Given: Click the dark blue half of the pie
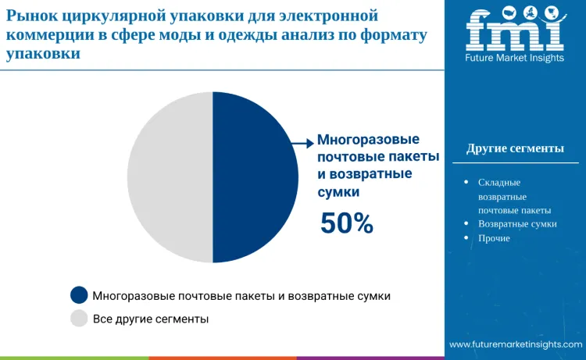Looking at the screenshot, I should click(255, 177).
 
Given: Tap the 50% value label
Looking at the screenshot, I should click(347, 223).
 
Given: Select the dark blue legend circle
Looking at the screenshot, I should click(79, 295).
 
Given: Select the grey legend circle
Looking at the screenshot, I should click(79, 319).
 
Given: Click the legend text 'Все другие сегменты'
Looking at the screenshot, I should click(151, 319).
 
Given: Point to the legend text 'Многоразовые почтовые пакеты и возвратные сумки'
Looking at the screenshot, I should click(241, 296).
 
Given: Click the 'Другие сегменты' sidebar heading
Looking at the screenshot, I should click(515, 148).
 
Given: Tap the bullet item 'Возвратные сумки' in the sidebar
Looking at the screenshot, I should click(517, 224).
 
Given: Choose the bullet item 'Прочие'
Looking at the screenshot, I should click(494, 238).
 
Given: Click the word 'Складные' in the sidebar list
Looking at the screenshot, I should click(499, 182).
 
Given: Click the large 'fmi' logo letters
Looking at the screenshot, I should click(515, 30).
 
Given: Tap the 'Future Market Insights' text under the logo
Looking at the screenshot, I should click(515, 58).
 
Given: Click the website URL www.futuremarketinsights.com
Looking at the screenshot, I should click(516, 344).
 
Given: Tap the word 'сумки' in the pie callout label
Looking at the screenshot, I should click(338, 191).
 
